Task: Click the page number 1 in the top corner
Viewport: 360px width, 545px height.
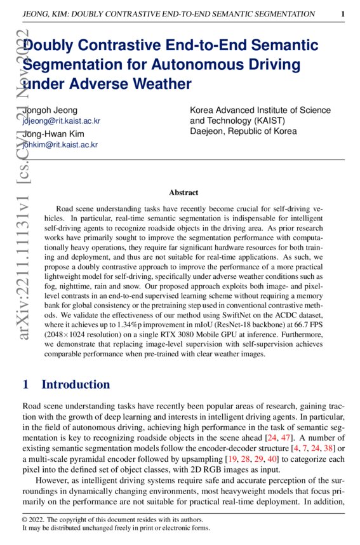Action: tap(343, 13)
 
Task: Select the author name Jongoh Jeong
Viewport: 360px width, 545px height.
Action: tap(50, 110)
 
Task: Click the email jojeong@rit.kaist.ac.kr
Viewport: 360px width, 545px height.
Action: tap(61, 121)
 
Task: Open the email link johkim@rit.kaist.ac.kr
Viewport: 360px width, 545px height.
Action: tap(60, 145)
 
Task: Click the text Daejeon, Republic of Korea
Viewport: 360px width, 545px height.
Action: tap(243, 131)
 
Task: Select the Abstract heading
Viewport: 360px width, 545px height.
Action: tap(183, 192)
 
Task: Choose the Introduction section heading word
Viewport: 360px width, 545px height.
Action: tap(76, 384)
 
